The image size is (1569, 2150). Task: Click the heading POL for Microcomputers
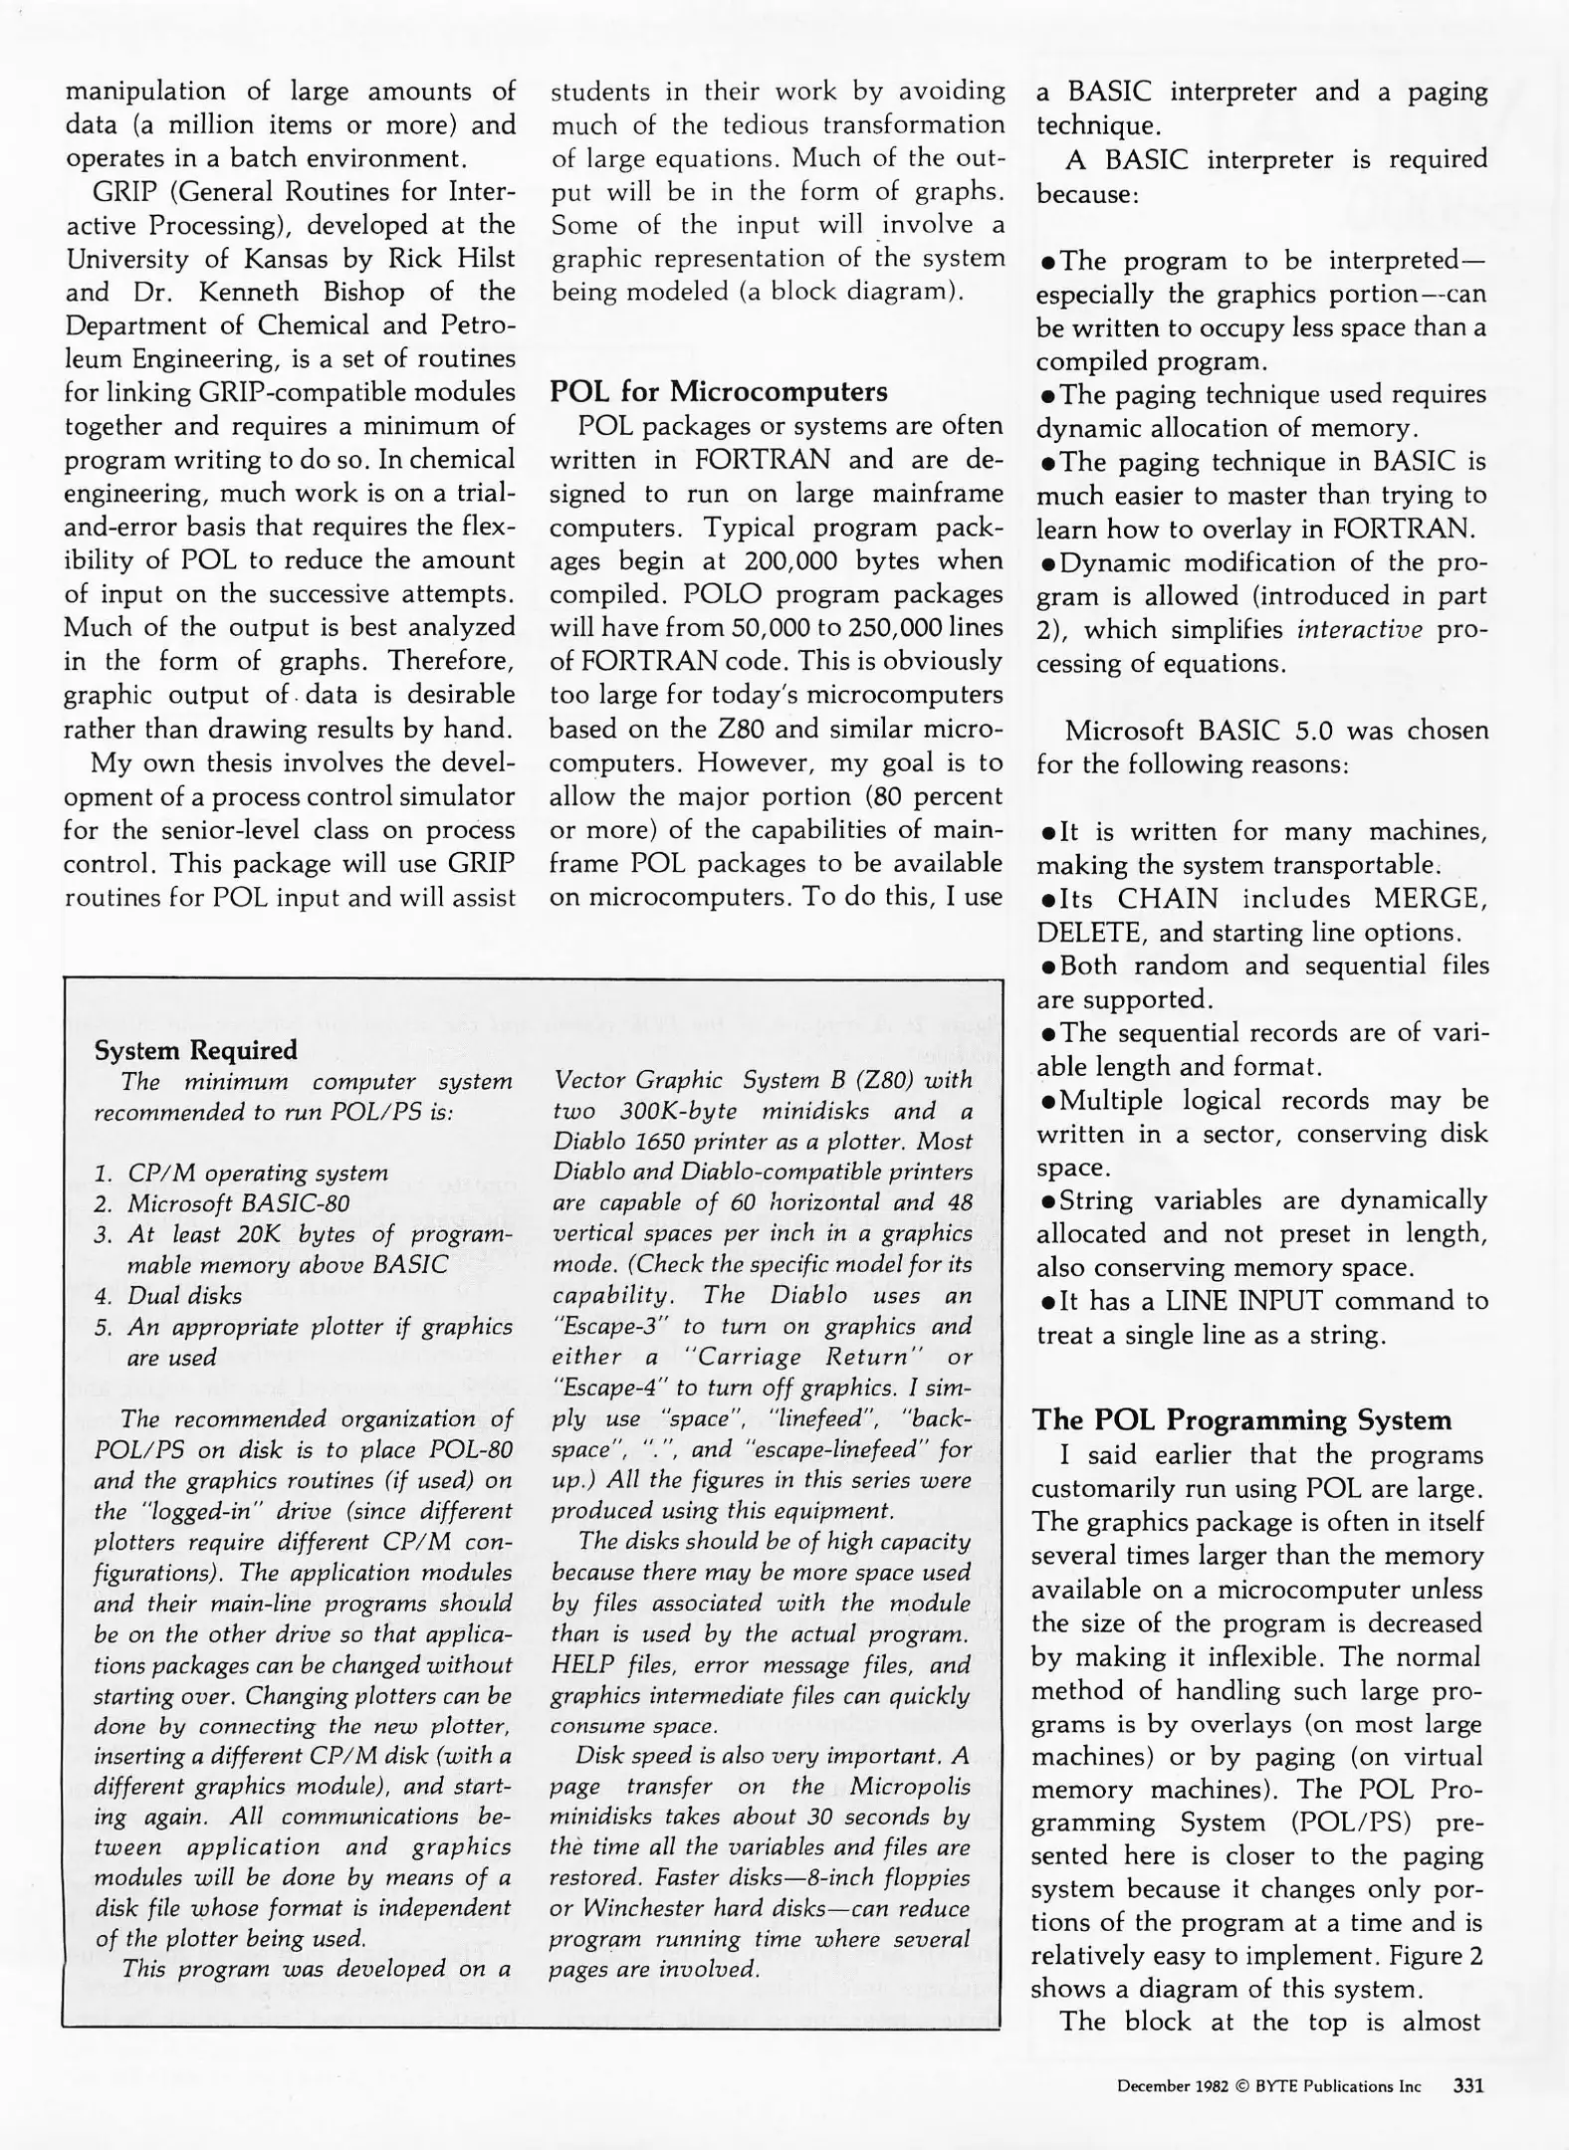coord(718,391)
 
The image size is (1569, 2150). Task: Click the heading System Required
coord(195,1050)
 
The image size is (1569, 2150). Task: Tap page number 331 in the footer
coord(1468,2085)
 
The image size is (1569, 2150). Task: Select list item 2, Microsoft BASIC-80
coord(238,1203)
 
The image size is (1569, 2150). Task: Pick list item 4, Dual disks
coord(184,1295)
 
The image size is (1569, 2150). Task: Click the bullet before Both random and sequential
coord(1046,967)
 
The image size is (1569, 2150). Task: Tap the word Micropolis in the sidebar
coord(910,1786)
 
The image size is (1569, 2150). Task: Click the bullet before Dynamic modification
coord(1046,564)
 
